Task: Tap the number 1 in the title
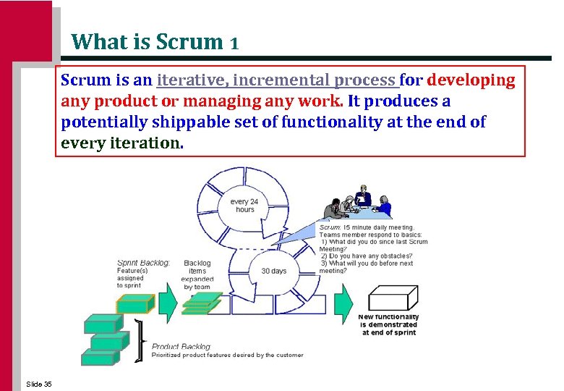pyautogui.click(x=234, y=43)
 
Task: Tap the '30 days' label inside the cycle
pyautogui.click(x=273, y=271)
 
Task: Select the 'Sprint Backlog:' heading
pyautogui.click(x=143, y=263)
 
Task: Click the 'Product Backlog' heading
pyautogui.click(x=181, y=347)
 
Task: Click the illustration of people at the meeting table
pyautogui.click(x=358, y=206)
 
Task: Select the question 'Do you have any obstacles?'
pyautogui.click(x=367, y=256)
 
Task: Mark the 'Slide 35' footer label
pyautogui.click(x=38, y=384)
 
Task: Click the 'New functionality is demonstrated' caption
pyautogui.click(x=389, y=325)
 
